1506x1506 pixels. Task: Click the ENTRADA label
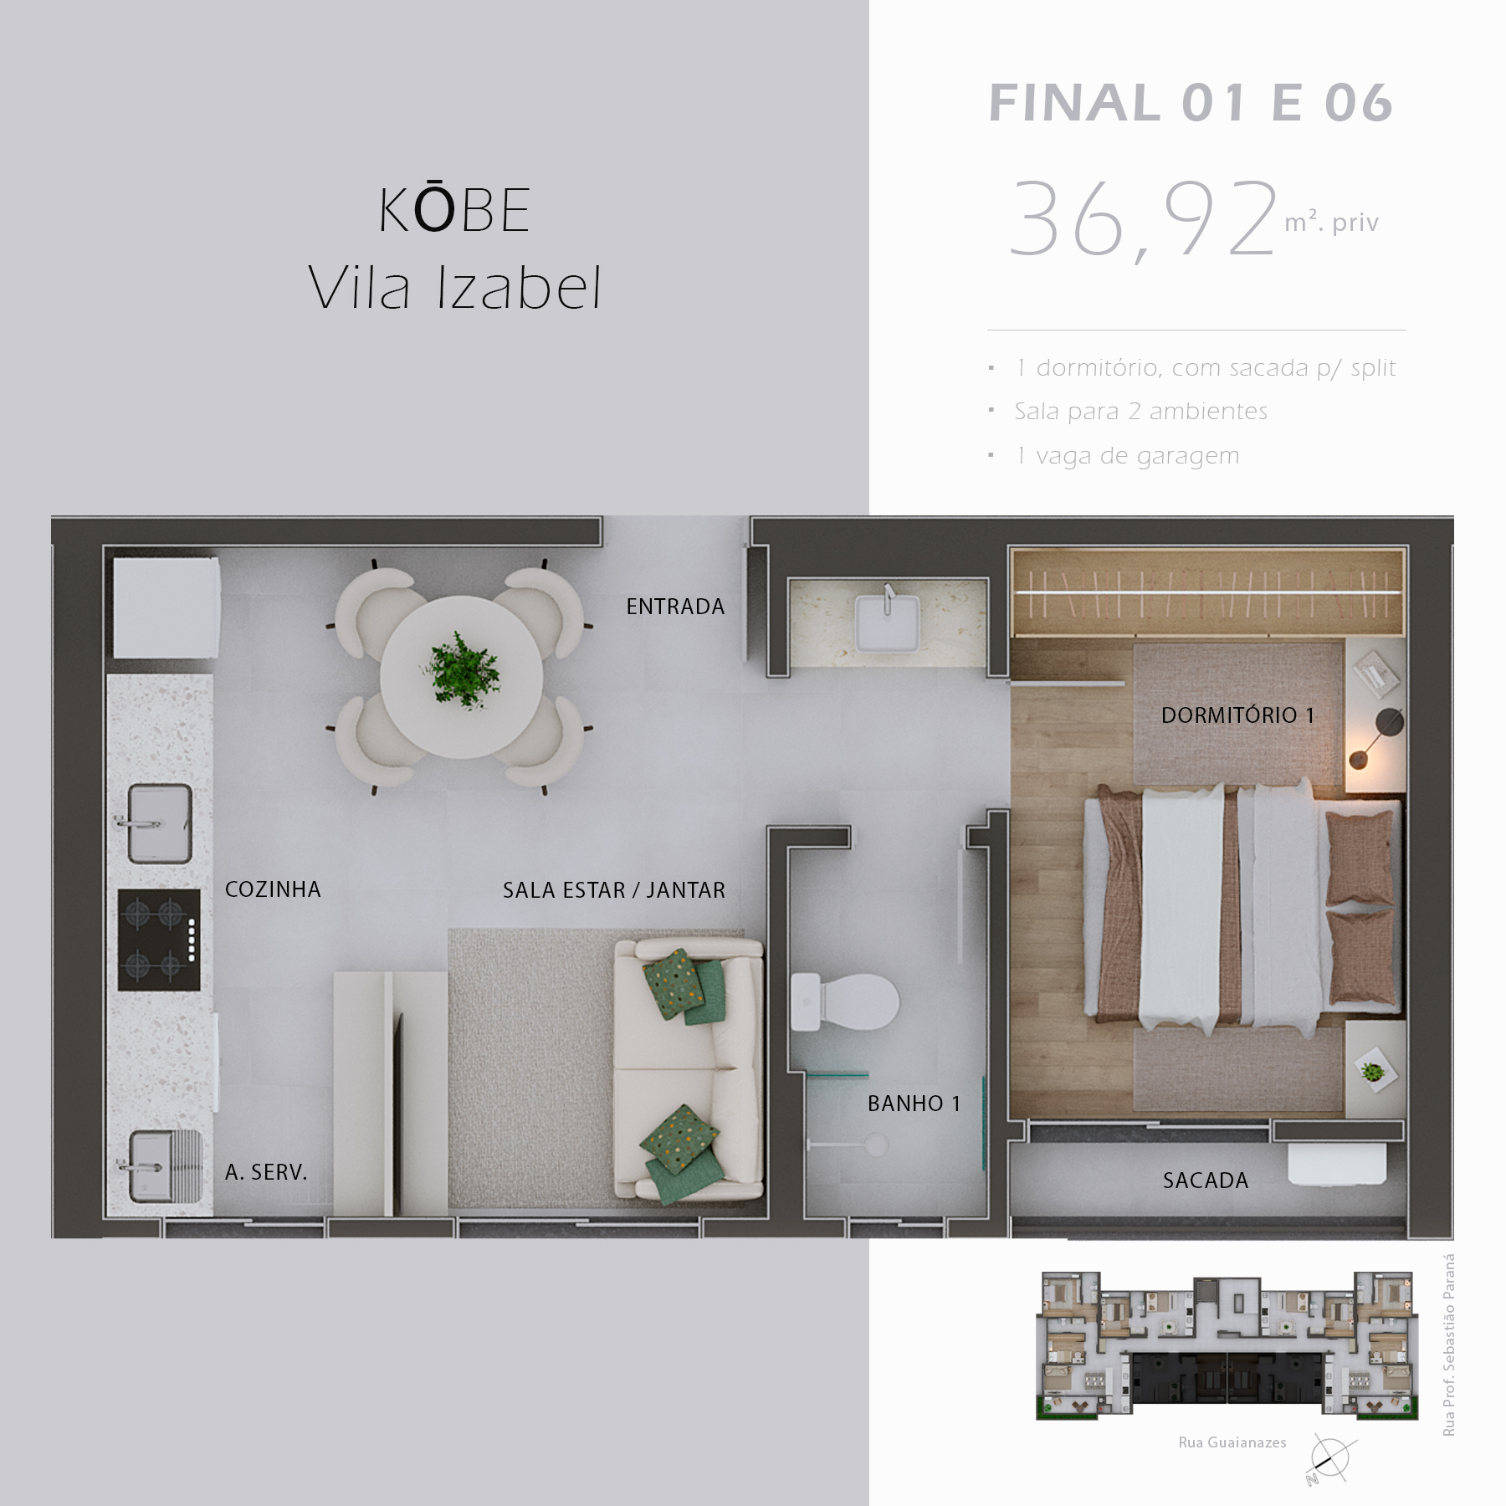[675, 607]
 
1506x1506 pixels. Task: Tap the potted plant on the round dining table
[462, 671]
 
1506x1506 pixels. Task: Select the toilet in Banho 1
[843, 1001]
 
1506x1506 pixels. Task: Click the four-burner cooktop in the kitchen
[159, 940]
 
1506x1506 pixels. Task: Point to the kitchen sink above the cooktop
[159, 823]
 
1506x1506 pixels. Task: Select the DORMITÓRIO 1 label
[1237, 715]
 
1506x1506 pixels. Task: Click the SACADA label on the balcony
[1205, 1181]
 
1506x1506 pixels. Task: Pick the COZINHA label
[273, 889]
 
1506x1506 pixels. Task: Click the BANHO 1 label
[914, 1104]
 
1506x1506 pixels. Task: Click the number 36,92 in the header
[1143, 220]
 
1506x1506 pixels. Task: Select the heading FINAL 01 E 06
[1191, 104]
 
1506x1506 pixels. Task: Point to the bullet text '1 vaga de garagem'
[1127, 456]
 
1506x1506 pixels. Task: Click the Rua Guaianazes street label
[1232, 1442]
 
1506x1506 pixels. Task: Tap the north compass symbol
[1329, 1459]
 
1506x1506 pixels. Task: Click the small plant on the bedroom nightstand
[1371, 1071]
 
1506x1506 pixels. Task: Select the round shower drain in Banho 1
[876, 1144]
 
